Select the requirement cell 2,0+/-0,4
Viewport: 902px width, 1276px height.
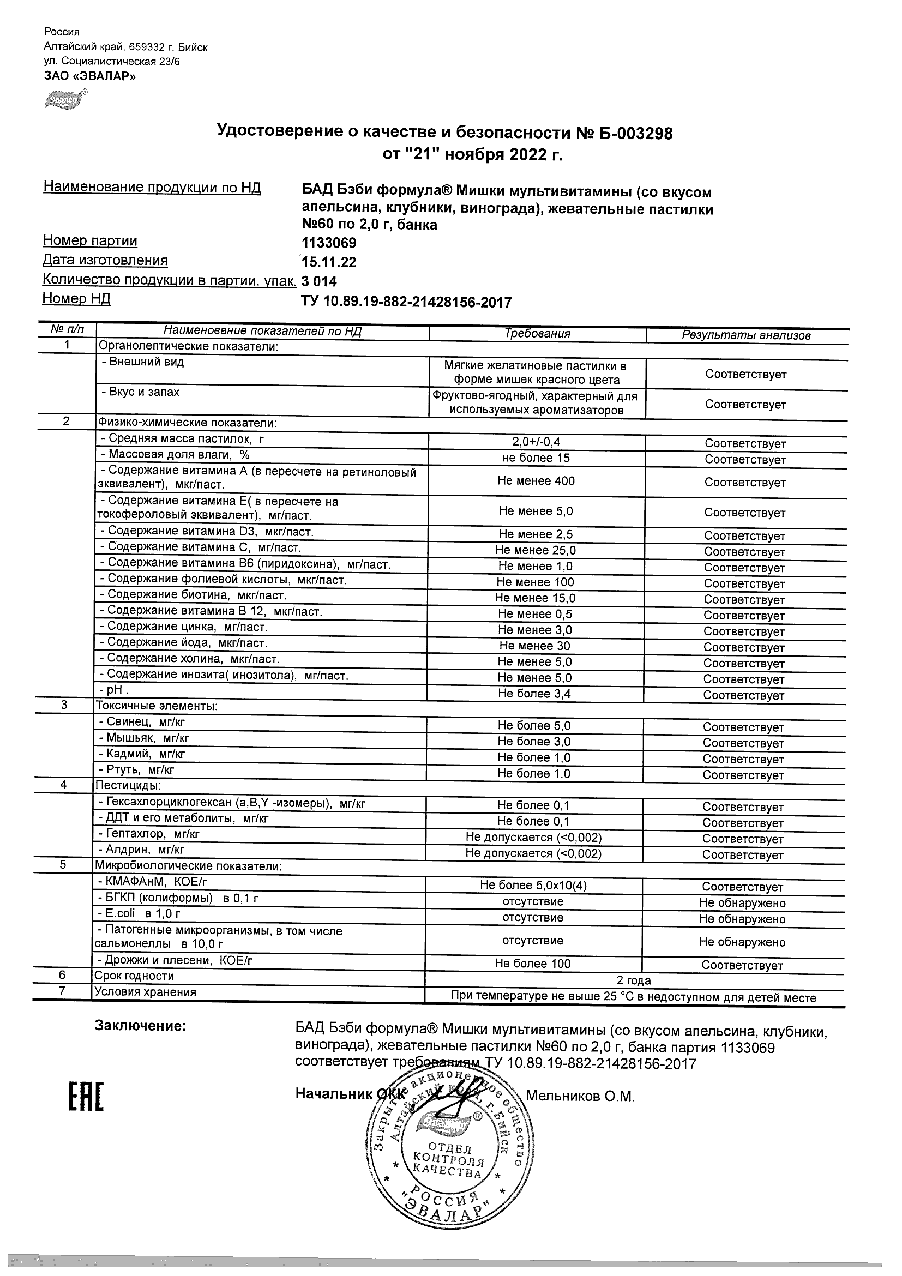(536, 442)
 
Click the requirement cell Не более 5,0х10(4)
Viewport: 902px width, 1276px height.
(533, 886)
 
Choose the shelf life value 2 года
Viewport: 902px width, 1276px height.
(634, 980)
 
